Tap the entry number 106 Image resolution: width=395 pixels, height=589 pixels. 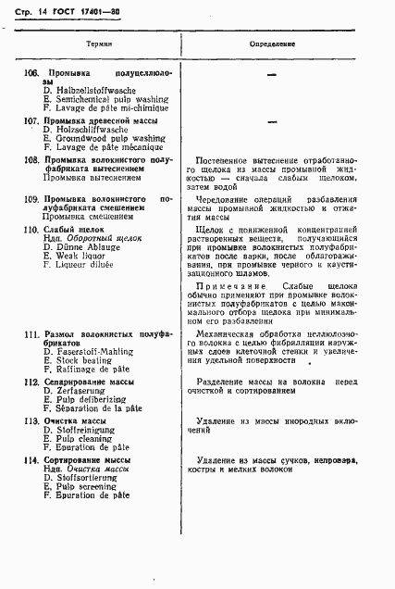click(x=31, y=72)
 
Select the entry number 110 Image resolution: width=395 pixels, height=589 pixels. click(x=31, y=228)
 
